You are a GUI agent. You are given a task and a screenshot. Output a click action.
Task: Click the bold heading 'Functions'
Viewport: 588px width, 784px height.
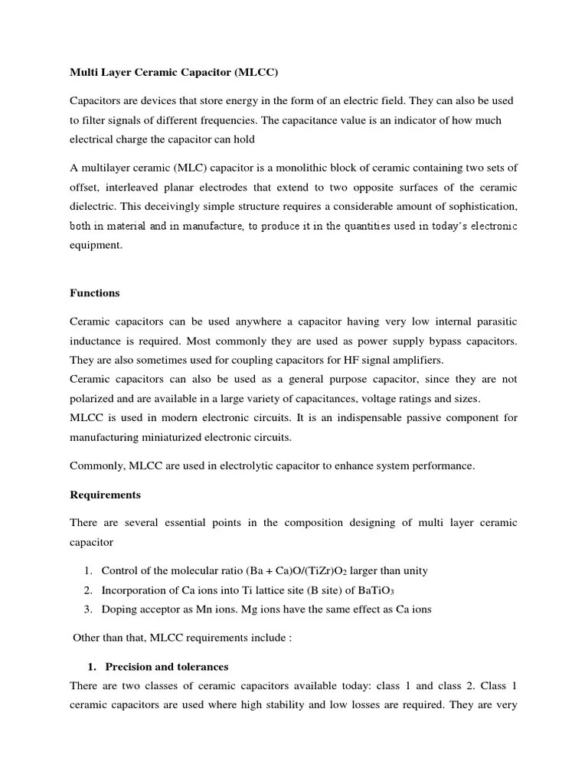[x=94, y=293]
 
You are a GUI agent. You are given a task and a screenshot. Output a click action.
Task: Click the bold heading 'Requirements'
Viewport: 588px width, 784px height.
[x=105, y=495]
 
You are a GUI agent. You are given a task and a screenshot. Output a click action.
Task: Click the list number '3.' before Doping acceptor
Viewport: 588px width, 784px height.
[x=89, y=609]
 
